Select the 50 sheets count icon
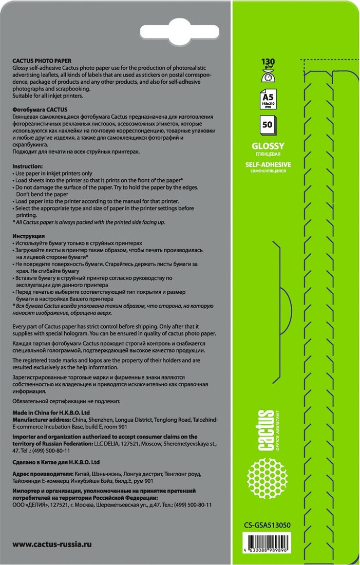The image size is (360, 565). pyautogui.click(x=268, y=125)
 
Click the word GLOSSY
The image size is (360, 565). pyautogui.click(x=268, y=146)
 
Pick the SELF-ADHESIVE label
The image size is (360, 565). pyautogui.click(x=268, y=164)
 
